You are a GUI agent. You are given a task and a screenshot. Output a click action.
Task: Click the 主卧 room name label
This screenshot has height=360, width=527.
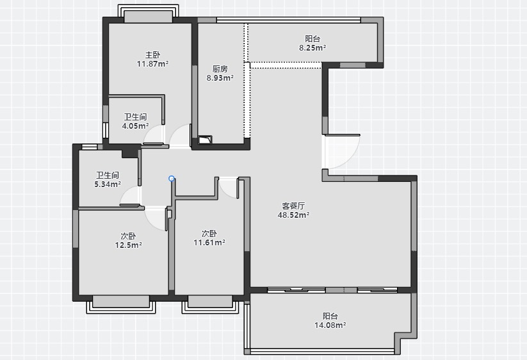(152, 54)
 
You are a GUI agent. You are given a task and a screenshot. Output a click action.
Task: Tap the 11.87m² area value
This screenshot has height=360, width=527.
(152, 63)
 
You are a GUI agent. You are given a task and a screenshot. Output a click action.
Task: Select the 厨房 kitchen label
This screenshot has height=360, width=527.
(220, 69)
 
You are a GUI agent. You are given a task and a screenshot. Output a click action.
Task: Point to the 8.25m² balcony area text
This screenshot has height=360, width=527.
(312, 48)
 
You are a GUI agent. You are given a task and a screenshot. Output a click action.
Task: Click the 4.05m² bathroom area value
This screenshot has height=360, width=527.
(136, 126)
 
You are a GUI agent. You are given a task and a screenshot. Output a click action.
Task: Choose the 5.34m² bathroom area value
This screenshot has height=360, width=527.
(108, 184)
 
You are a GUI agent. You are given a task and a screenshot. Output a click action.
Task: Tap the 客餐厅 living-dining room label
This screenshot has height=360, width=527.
(293, 206)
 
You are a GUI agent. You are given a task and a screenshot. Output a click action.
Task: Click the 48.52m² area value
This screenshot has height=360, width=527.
(293, 215)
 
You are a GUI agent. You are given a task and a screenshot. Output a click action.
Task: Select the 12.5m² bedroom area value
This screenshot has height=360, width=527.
(129, 245)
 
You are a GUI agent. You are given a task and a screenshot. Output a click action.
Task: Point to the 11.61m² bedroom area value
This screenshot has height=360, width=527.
(209, 242)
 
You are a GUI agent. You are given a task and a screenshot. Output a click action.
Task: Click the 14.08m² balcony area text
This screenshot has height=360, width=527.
(330, 325)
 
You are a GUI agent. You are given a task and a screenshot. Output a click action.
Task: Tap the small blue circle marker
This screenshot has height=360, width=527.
(172, 179)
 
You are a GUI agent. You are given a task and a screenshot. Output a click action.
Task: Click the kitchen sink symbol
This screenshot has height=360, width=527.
(205, 140)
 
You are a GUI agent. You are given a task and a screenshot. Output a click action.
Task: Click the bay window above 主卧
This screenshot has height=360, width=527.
(148, 13)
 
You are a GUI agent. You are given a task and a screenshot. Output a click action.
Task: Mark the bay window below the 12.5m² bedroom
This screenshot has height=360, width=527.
(121, 304)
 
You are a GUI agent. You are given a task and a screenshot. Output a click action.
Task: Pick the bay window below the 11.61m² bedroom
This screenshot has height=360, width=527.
(211, 304)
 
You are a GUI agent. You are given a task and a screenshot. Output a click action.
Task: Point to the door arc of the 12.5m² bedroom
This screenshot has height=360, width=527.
(152, 223)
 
